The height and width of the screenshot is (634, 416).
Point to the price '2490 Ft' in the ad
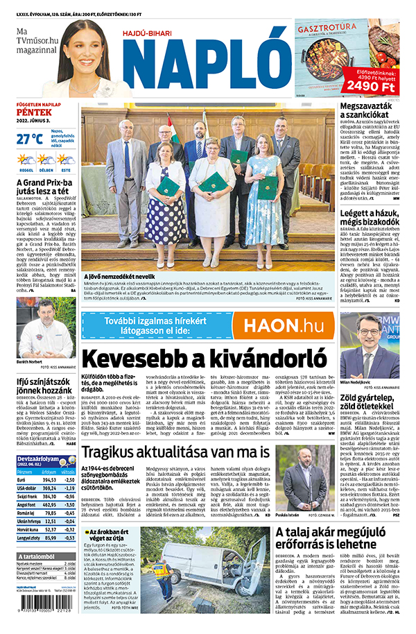tap(372, 85)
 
